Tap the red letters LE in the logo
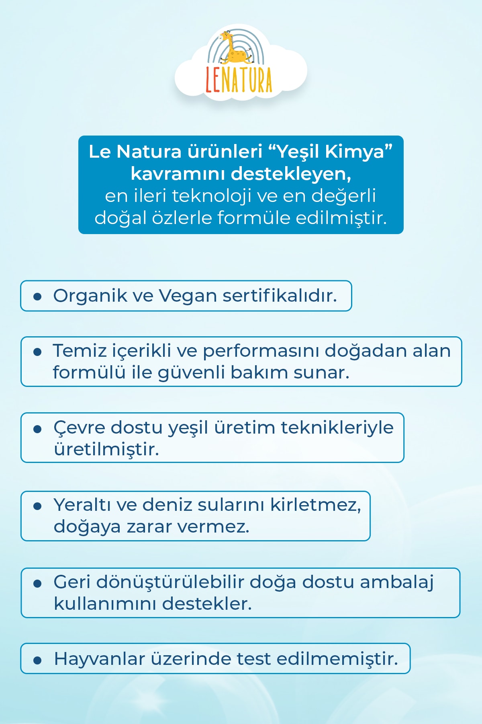213,79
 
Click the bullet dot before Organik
37,297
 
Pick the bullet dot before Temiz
37,352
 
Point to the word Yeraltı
82,505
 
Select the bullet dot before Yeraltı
37,506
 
